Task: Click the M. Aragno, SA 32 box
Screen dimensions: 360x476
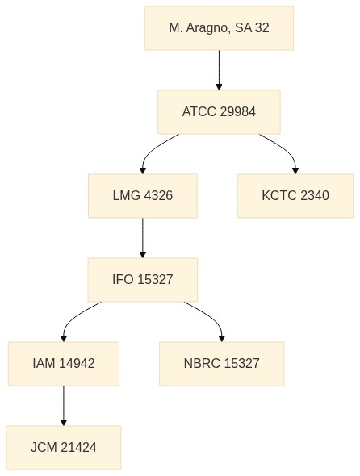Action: pos(219,28)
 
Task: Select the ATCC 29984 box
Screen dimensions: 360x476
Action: pos(219,112)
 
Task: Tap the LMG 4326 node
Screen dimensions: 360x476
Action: pos(143,196)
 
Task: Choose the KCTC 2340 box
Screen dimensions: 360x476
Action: pos(295,196)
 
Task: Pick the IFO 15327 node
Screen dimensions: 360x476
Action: pos(143,280)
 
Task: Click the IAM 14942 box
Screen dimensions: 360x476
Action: pos(64,364)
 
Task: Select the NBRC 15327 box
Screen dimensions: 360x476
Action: pos(221,364)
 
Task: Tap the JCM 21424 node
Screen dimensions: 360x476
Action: pos(64,448)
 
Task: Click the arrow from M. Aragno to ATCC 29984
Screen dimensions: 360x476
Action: pos(219,70)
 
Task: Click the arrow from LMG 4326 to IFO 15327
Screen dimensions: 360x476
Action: pos(143,238)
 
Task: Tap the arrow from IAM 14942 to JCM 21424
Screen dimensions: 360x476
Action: pos(64,406)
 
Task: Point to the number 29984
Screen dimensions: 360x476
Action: pos(237,112)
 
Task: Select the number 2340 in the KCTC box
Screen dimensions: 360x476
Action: pos(315,196)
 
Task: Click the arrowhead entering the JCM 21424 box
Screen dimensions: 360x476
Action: pos(64,422)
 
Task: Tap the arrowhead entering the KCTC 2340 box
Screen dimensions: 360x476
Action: pos(295,170)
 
